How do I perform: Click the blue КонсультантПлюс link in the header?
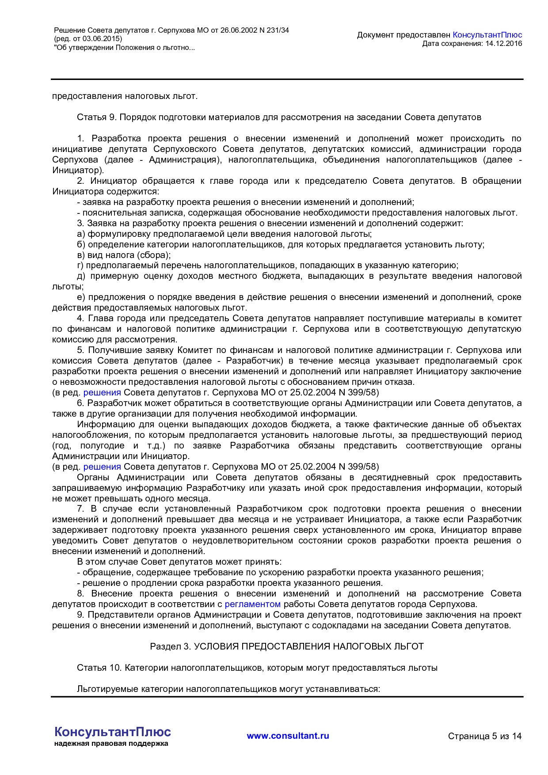click(x=487, y=35)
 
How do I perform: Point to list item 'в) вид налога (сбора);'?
click(x=124, y=255)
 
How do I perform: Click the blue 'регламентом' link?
click(x=252, y=604)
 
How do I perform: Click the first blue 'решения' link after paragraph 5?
click(x=102, y=392)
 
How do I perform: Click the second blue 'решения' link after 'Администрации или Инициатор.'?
click(x=102, y=467)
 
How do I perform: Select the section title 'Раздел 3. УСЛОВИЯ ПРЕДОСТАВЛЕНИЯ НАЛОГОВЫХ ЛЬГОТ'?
click(x=287, y=646)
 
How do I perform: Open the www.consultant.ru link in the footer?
click(x=288, y=736)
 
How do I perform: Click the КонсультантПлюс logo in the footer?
click(x=112, y=732)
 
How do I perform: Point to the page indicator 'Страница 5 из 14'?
click(x=484, y=736)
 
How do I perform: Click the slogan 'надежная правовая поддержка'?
click(x=111, y=744)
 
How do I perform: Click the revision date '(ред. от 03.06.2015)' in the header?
click(x=88, y=39)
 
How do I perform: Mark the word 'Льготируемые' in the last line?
click(x=107, y=689)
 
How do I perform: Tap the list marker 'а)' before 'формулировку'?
click(x=81, y=234)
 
